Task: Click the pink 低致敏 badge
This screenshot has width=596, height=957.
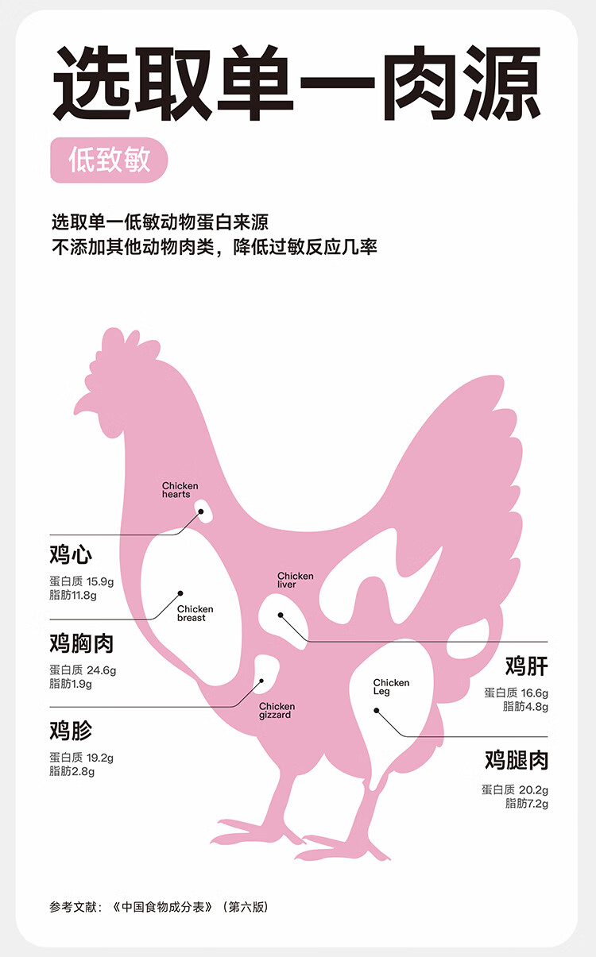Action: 109,160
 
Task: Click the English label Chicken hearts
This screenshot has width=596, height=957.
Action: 180,490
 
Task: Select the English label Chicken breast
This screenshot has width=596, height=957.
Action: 195,614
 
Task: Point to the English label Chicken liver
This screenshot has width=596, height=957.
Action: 295,581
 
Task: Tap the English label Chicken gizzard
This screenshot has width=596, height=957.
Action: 276,711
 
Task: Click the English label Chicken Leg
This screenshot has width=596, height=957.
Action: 391,687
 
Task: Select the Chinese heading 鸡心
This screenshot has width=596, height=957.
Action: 71,554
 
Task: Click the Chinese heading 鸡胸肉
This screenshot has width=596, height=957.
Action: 81,643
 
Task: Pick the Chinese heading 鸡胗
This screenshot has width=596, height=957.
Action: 71,730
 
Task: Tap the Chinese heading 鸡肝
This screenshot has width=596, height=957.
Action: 526,666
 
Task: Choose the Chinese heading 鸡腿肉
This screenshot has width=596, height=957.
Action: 516,761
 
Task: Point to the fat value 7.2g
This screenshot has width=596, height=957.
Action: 535,803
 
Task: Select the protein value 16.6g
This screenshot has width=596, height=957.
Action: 534,693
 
